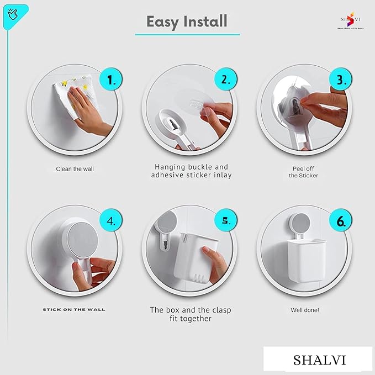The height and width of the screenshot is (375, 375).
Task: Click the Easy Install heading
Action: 187,22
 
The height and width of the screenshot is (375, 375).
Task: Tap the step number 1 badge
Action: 112,80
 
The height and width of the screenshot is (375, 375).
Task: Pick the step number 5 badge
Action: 225,221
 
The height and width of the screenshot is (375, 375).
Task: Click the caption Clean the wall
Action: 75,169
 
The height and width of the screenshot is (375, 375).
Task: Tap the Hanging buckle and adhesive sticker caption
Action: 191,171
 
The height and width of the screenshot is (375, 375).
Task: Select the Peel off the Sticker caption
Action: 303,172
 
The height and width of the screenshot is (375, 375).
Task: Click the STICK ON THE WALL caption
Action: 74,309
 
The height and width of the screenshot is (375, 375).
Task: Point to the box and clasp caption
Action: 191,314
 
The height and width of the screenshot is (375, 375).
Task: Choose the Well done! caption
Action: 305,310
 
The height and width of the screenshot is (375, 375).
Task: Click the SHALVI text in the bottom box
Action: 320,360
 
